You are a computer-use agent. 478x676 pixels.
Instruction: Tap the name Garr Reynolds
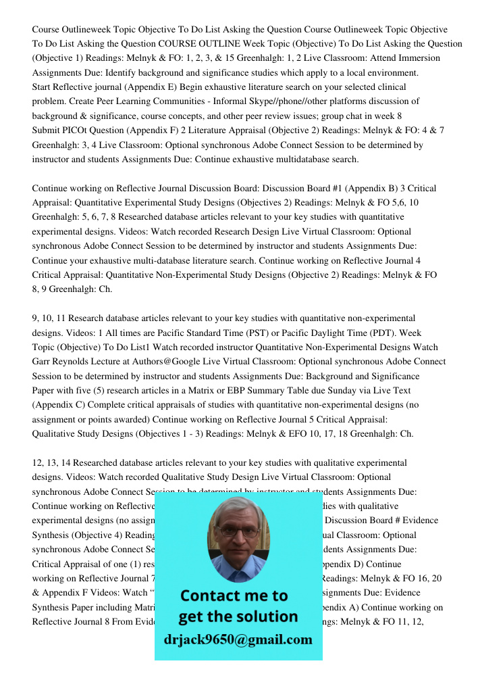click(x=63, y=362)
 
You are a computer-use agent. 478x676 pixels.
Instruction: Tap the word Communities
click(x=165, y=101)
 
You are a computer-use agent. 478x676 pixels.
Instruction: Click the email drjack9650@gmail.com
click(x=238, y=639)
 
